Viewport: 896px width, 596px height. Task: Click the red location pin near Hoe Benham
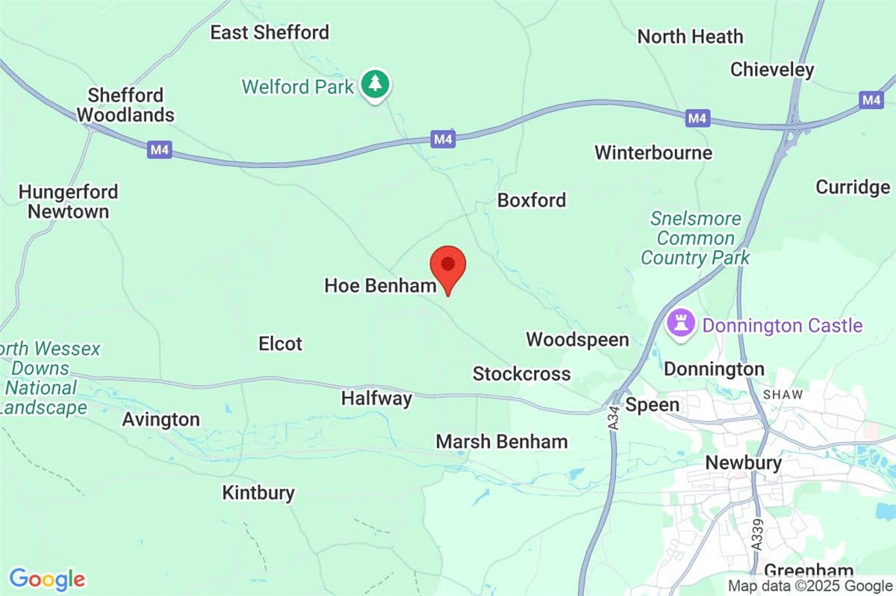point(448,267)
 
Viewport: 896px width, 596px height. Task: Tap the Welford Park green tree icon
point(375,85)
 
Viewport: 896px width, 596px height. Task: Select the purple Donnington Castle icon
point(680,326)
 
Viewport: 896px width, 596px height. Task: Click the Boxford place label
point(532,200)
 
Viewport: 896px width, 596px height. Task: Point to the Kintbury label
point(258,493)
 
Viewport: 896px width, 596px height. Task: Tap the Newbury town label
point(744,463)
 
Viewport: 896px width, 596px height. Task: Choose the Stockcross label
point(521,373)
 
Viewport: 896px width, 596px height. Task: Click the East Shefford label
point(270,32)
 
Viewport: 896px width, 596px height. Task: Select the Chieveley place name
point(772,69)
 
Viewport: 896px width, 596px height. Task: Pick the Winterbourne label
point(653,153)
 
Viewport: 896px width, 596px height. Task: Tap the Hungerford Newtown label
point(69,202)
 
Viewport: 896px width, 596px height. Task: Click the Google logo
point(47,580)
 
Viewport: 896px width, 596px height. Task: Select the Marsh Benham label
point(502,441)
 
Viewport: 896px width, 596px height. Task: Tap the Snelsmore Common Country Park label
point(695,238)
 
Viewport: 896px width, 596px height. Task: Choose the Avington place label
point(161,420)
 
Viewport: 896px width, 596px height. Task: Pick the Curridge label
point(853,187)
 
